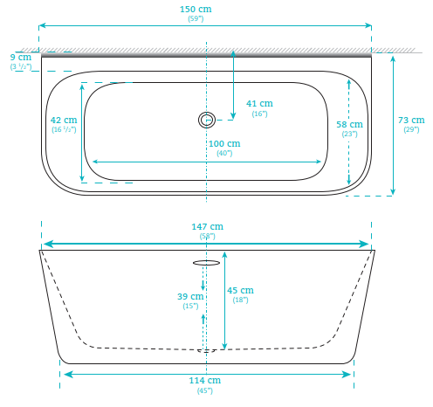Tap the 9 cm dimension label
click(x=21, y=58)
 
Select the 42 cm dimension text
click(x=64, y=120)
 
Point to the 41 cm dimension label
click(x=259, y=104)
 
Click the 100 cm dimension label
click(x=223, y=143)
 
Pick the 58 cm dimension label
click(x=349, y=124)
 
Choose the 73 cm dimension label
click(x=410, y=120)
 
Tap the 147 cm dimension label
click(x=207, y=227)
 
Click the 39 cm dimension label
click(x=190, y=296)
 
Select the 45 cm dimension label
click(x=240, y=290)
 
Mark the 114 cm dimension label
click(x=206, y=381)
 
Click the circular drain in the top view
click(x=207, y=120)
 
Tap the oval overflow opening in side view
click(x=206, y=262)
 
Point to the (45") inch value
click(x=206, y=390)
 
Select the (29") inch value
click(x=410, y=129)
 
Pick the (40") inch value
click(x=223, y=153)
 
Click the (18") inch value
click(x=240, y=300)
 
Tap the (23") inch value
click(x=349, y=134)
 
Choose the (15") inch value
click(x=190, y=306)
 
